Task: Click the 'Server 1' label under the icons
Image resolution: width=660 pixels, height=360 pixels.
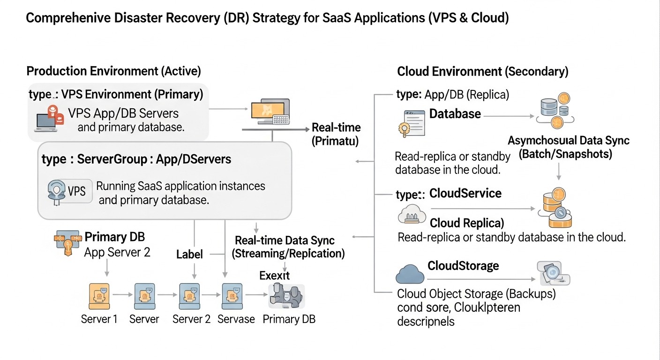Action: (x=99, y=319)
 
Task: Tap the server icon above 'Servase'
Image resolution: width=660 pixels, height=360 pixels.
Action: (x=232, y=295)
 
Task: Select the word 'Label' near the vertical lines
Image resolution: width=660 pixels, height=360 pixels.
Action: (x=189, y=255)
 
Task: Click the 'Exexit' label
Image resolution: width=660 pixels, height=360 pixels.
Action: (x=274, y=276)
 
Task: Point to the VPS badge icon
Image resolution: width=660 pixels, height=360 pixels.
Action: (x=70, y=191)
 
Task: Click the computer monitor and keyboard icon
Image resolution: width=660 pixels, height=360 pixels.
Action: (x=270, y=112)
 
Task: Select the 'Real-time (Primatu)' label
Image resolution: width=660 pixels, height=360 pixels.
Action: (x=336, y=134)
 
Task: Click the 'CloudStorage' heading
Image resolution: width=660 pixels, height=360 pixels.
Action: (x=463, y=266)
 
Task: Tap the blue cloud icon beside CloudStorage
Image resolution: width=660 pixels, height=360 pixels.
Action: (x=410, y=274)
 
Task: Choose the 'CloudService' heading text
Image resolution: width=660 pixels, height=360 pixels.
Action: (x=465, y=194)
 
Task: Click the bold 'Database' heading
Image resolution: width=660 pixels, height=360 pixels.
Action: (x=455, y=114)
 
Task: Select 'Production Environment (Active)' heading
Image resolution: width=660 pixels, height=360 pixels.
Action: (x=113, y=71)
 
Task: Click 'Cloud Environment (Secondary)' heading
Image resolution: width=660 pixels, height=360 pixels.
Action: (x=483, y=72)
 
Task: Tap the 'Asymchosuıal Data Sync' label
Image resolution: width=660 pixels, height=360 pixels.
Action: (x=569, y=141)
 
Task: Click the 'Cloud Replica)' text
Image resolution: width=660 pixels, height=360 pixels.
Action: (x=467, y=222)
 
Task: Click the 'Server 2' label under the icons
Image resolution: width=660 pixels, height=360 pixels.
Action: (x=191, y=319)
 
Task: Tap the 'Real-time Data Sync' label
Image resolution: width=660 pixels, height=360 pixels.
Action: (x=285, y=241)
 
